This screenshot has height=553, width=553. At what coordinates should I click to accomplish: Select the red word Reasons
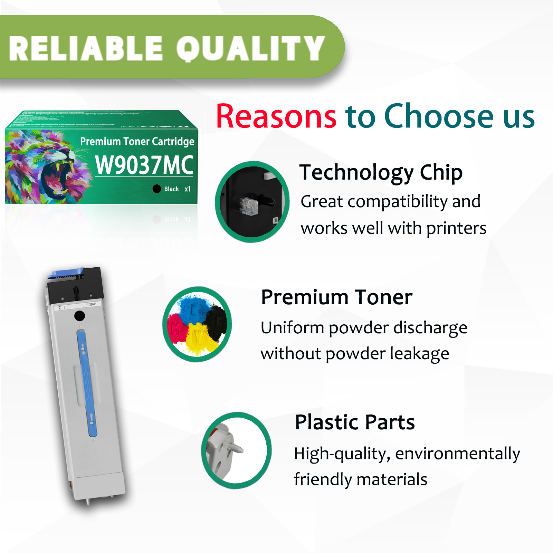pyautogui.click(x=276, y=117)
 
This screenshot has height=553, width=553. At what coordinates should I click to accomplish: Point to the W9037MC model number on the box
pyautogui.click(x=144, y=165)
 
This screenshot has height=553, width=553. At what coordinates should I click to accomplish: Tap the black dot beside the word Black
pyautogui.click(x=157, y=189)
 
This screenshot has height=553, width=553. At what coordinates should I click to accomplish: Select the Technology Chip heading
pyautogui.click(x=381, y=172)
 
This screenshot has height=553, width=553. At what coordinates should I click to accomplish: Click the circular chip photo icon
pyautogui.click(x=252, y=202)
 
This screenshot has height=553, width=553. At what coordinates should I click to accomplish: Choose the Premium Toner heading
pyautogui.click(x=336, y=297)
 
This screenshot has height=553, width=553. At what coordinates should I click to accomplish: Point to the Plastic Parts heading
pyautogui.click(x=355, y=422)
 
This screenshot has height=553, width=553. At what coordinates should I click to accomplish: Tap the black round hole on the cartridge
pyautogui.click(x=79, y=315)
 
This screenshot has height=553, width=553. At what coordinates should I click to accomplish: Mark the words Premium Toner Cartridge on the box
pyautogui.click(x=137, y=142)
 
